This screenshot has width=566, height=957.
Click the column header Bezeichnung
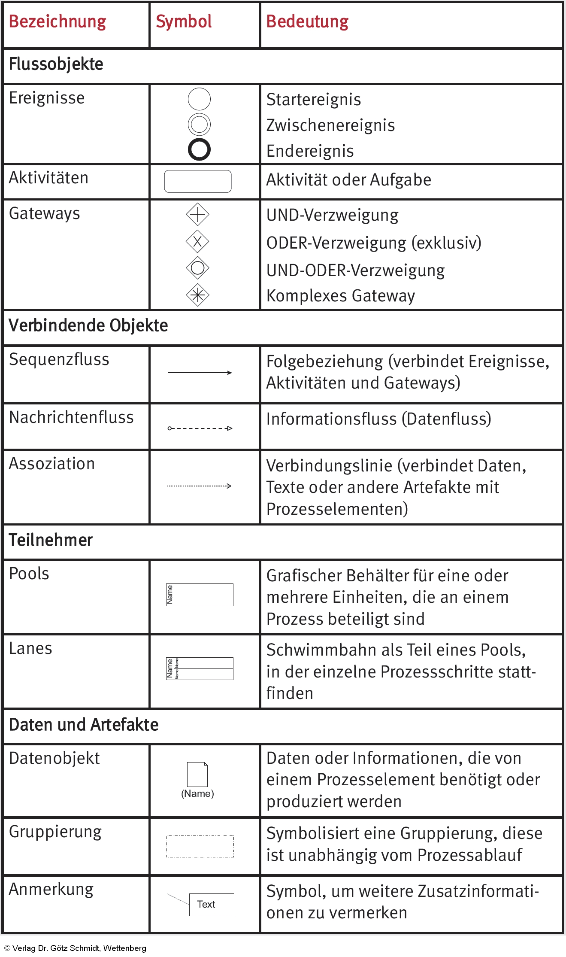[58, 21]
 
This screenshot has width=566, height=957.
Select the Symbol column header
[184, 21]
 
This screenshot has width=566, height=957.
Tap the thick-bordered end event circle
[199, 149]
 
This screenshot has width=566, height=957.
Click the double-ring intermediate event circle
[199, 125]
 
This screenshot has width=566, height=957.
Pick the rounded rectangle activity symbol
[198, 181]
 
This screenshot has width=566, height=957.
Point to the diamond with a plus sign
[197, 214]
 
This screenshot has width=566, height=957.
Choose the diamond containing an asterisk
[197, 295]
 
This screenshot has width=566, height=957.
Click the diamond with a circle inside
[197, 268]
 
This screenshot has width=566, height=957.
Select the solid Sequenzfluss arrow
[200, 373]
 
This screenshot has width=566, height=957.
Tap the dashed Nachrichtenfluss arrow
[200, 428]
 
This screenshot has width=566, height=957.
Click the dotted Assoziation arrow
[199, 486]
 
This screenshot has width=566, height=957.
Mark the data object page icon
[197, 775]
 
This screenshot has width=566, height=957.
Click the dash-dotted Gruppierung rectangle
[200, 846]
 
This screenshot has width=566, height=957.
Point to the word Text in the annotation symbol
[206, 904]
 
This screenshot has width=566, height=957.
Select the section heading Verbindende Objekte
[88, 325]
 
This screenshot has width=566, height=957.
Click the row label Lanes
[30, 648]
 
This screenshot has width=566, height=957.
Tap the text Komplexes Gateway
[341, 296]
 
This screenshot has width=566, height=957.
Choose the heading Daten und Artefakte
[84, 725]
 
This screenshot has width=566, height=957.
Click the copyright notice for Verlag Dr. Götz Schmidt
[76, 948]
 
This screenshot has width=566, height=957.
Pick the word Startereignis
[314, 100]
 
